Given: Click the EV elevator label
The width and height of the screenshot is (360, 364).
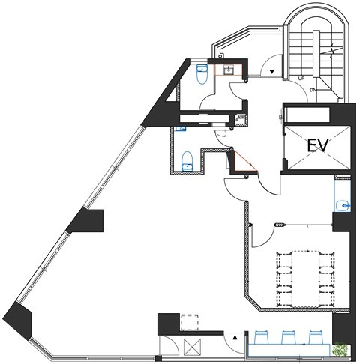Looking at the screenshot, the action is point(317,146).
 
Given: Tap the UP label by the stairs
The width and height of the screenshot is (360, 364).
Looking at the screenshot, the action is point(301,79).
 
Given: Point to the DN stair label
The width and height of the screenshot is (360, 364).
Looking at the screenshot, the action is point(313,90).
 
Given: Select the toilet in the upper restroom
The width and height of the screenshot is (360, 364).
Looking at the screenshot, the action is point(202,74).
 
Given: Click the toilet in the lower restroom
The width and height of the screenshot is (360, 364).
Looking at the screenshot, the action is point(187,161).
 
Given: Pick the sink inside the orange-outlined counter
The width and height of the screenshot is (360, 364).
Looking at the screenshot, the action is point(229,70).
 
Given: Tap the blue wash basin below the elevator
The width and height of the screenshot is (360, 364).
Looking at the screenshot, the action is point(343,206).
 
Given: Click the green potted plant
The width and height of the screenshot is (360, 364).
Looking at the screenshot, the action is point(340,349).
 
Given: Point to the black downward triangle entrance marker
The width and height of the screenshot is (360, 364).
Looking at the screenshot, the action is point(272,72).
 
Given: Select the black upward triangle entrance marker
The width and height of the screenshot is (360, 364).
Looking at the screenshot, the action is point(235,338).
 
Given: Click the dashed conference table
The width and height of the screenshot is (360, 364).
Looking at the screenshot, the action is point(305,279).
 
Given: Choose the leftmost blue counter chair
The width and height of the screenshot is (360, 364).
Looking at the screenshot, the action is point(262,337).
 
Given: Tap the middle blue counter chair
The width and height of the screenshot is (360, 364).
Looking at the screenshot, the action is point(289,337).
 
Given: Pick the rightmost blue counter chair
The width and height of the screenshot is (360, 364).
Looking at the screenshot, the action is point(316,337).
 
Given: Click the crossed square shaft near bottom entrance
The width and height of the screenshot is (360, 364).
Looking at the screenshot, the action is point(192,347).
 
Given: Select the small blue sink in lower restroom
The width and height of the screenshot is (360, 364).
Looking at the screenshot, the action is point(181,129).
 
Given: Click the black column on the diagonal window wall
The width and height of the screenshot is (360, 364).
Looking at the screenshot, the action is point(85,221).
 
